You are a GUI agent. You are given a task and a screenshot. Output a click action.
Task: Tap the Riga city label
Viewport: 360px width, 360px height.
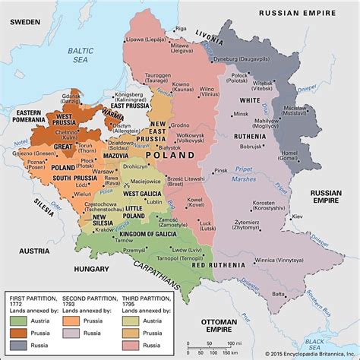179,28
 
